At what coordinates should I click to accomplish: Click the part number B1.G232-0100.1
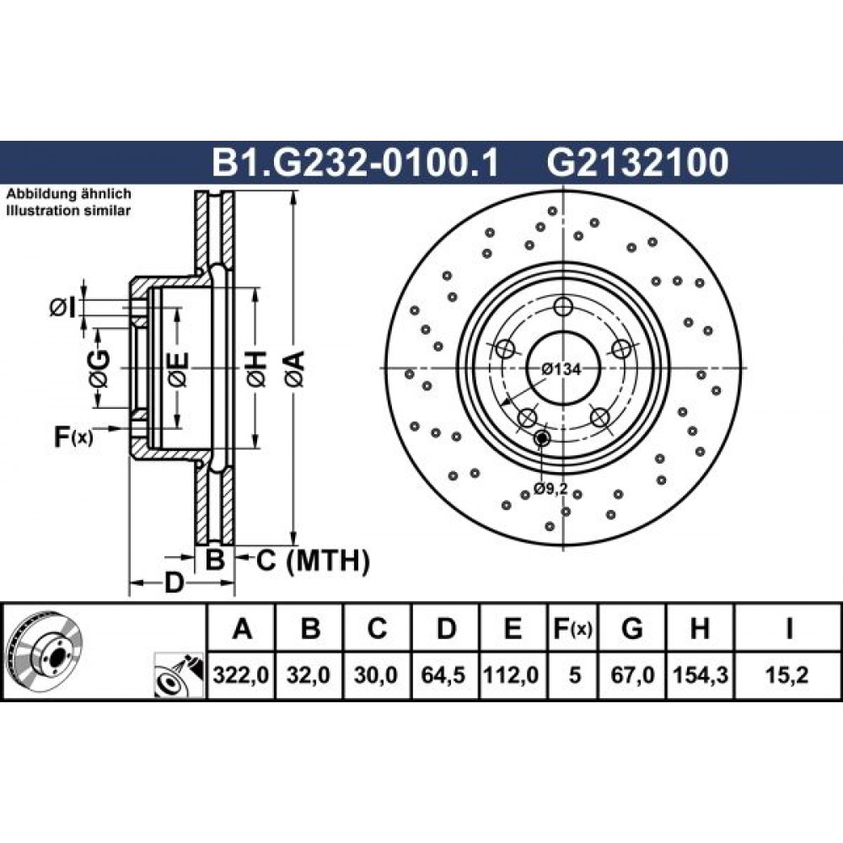click(x=356, y=163)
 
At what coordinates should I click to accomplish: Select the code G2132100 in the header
click(x=637, y=163)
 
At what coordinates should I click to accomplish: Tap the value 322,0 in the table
click(x=241, y=674)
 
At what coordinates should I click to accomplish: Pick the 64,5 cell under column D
click(x=443, y=674)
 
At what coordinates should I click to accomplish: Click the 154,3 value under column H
click(x=701, y=674)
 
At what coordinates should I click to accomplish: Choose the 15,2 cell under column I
click(x=789, y=674)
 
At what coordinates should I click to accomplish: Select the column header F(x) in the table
click(x=572, y=629)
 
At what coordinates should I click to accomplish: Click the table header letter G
click(x=632, y=629)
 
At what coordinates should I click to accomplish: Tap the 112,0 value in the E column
click(x=512, y=674)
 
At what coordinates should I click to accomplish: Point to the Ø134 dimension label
click(x=561, y=369)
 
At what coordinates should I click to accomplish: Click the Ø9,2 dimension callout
click(x=551, y=488)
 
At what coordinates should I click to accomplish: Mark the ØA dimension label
click(x=295, y=369)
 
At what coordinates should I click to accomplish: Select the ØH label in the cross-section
click(x=256, y=369)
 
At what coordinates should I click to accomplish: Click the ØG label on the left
click(x=99, y=369)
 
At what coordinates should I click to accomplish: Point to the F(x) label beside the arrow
click(x=73, y=437)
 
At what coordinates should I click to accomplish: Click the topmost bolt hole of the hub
click(x=563, y=308)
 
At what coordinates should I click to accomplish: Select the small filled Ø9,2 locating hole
click(x=541, y=439)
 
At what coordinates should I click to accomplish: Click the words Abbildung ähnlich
click(x=69, y=194)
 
